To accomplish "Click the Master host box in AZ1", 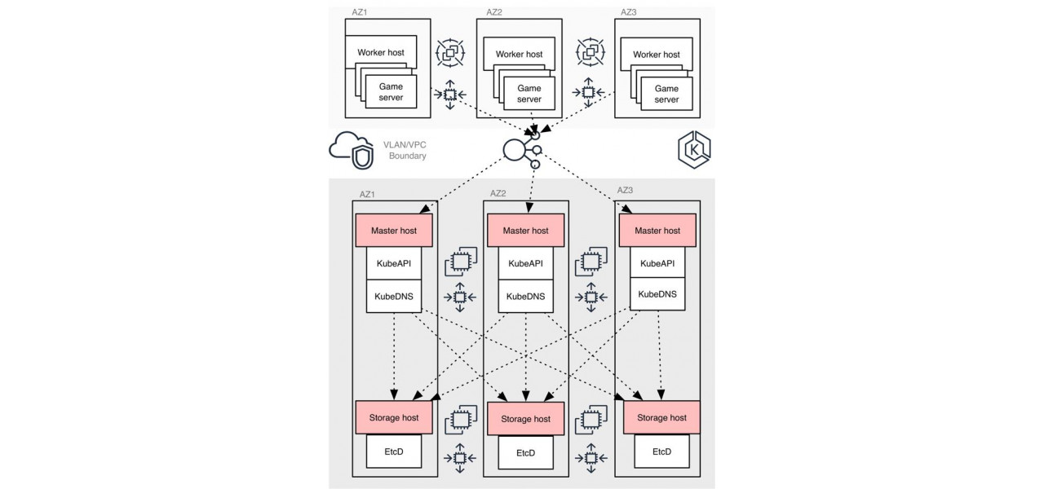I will (x=393, y=231).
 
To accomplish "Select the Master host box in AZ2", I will (x=525, y=231).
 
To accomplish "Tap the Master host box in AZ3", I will (x=657, y=231).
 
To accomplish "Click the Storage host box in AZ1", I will (x=393, y=417).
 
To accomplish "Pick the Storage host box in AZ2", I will (x=525, y=419).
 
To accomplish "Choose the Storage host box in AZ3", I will (x=661, y=417).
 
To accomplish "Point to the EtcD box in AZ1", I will (x=393, y=451).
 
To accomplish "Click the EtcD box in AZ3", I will (x=661, y=451).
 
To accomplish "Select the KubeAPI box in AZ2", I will (x=525, y=263).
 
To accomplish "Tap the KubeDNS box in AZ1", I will (x=393, y=295).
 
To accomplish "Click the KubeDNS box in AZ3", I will (x=657, y=293).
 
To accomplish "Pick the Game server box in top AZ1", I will (x=391, y=93).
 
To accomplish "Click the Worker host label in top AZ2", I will (x=519, y=55).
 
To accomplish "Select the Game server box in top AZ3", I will (x=666, y=94).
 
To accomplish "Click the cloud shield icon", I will (x=351, y=150).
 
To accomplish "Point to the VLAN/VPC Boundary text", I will (x=405, y=150).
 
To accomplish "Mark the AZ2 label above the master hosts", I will (x=498, y=194).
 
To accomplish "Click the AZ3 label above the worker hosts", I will (x=628, y=12).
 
